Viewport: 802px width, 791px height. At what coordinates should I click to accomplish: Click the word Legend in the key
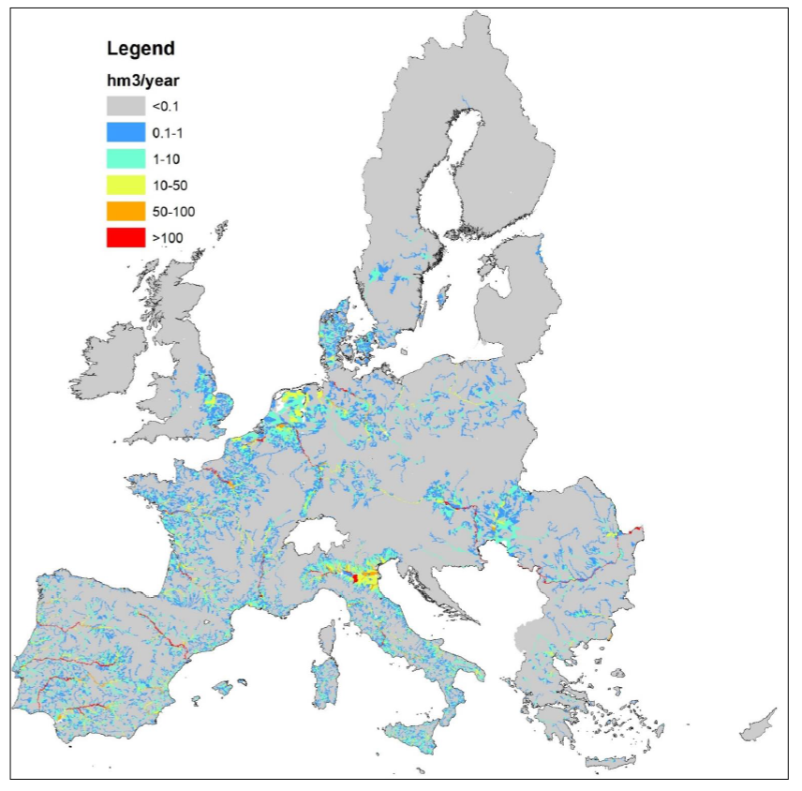pos(141,49)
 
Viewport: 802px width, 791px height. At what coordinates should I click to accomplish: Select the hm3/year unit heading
pos(140,81)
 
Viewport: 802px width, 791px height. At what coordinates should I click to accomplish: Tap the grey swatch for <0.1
pos(126,106)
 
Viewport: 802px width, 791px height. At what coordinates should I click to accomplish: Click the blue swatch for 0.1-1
pos(126,132)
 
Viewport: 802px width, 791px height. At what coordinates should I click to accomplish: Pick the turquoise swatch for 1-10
pos(126,158)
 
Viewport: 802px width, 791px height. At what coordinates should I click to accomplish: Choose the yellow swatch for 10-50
pos(126,185)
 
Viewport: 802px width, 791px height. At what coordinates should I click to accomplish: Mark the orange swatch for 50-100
pos(126,211)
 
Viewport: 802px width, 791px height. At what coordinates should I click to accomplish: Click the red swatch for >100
pos(126,237)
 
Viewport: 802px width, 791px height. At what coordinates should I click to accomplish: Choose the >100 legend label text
pos(167,238)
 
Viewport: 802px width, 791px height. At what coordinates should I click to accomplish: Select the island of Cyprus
pos(758,724)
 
